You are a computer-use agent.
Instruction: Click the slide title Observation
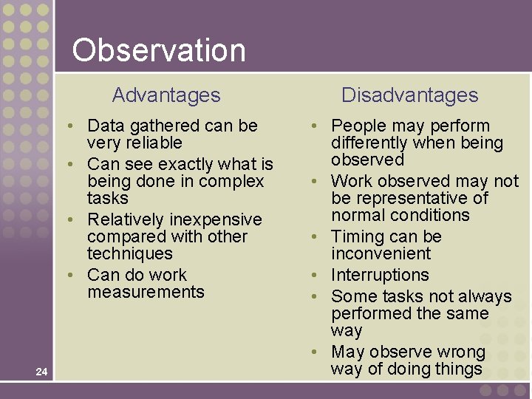click(x=159, y=50)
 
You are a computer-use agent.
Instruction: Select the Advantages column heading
click(x=166, y=95)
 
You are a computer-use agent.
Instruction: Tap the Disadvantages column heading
click(x=409, y=95)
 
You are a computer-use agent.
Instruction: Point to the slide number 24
click(x=41, y=372)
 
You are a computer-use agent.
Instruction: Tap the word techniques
click(x=129, y=253)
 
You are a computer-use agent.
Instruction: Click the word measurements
click(x=146, y=292)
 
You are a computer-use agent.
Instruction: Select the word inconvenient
click(x=381, y=253)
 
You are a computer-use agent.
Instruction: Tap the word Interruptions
click(x=380, y=275)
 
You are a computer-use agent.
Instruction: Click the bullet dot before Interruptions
click(x=314, y=276)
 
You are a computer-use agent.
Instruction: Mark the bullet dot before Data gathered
click(x=69, y=126)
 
